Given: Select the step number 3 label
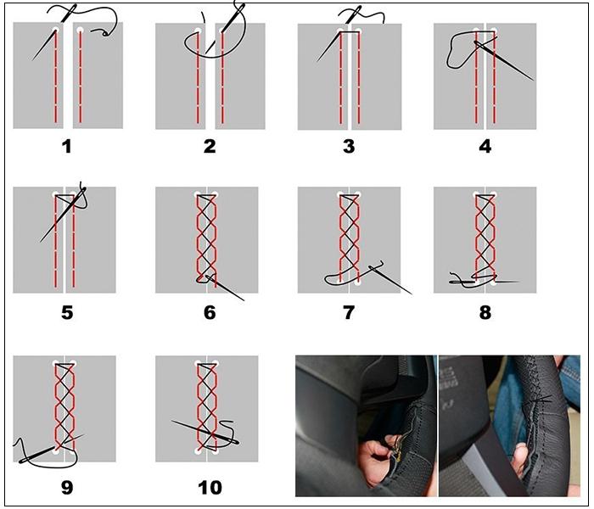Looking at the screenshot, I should pos(348,146).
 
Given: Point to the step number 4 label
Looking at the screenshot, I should pos(485,146).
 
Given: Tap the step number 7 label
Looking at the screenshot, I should pos(348,312).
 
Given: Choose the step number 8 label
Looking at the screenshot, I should pos(485,312).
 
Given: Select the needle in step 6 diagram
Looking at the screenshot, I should pos(224,288).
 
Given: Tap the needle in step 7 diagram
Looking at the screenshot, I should pos(389,279).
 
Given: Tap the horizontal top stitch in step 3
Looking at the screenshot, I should pos(349,32).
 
